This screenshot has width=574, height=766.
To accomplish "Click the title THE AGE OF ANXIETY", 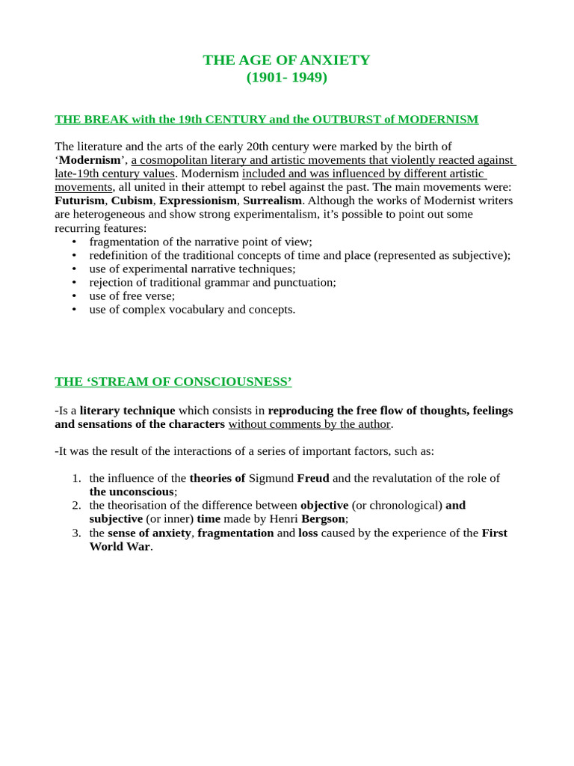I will pyautogui.click(x=286, y=61).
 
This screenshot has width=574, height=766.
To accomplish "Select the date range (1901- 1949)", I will pyautogui.click(x=287, y=77).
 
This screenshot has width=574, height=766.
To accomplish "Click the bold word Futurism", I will pyautogui.click(x=79, y=201).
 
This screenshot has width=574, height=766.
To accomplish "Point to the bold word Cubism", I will pyautogui.click(x=132, y=201).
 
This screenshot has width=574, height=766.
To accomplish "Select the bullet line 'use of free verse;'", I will pyautogui.click(x=132, y=295).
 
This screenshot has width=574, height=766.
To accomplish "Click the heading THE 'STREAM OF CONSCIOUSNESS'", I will pyautogui.click(x=173, y=382).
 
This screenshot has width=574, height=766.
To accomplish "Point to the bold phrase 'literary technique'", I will pyautogui.click(x=127, y=411).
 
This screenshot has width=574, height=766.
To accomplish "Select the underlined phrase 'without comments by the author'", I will pyautogui.click(x=309, y=424).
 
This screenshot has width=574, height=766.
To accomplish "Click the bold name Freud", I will pyautogui.click(x=313, y=478).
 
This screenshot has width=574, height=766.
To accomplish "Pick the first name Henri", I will pyautogui.click(x=283, y=518).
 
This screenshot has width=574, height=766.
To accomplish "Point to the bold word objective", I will pyautogui.click(x=324, y=505).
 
